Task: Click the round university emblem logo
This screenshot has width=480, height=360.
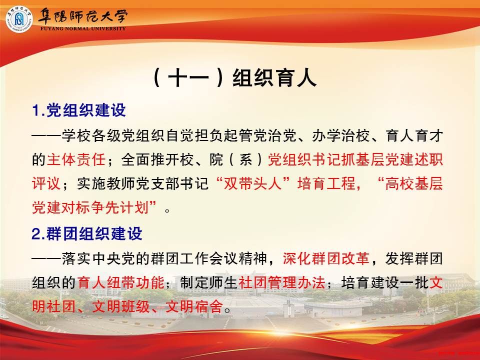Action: [x=19, y=19]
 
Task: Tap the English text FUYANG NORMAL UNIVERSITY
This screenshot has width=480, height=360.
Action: [x=83, y=28]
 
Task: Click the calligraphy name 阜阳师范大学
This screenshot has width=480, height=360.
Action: [x=82, y=16]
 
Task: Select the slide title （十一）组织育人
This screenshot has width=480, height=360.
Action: [x=234, y=78]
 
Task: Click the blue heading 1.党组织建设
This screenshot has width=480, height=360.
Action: [x=79, y=110]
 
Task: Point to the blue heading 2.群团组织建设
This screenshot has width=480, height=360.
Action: [x=87, y=233]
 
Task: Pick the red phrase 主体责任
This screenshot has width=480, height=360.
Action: [x=76, y=159]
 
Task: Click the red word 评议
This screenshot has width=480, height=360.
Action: [x=46, y=183]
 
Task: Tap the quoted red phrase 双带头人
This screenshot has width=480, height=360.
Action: [x=253, y=183]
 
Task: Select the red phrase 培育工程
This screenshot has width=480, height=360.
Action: [x=326, y=183]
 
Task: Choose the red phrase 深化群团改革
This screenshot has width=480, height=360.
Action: [x=325, y=258]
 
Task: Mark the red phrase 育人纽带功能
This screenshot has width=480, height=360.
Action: [x=120, y=282]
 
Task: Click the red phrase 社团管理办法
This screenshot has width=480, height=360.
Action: [x=281, y=282]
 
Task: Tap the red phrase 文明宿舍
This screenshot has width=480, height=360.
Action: [x=194, y=306]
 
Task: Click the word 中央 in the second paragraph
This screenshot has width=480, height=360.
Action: [x=106, y=258]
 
